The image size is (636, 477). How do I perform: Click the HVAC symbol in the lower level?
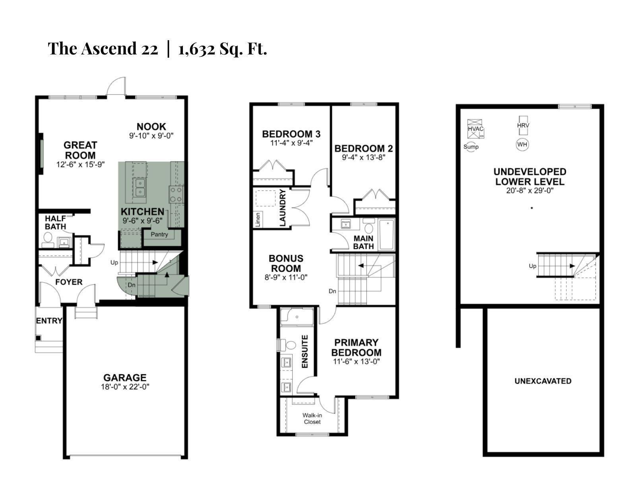tap(475, 128)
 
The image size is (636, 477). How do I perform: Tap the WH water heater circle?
tap(522, 144)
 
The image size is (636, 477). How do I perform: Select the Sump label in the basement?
tap(471, 147)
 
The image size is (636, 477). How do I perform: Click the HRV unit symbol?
tap(523, 125)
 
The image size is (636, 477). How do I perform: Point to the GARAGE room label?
tap(125, 378)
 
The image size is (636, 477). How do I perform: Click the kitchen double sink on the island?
tap(140, 187)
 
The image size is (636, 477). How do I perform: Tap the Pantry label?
tap(159, 234)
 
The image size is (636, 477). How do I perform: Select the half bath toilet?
tap(48, 238)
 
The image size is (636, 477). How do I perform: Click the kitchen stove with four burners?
tap(176, 195)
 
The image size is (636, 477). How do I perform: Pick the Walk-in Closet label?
tap(312, 419)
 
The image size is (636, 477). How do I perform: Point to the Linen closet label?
tap(258, 219)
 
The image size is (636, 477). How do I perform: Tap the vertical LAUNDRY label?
tap(283, 207)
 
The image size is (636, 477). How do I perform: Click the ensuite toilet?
tap(291, 345)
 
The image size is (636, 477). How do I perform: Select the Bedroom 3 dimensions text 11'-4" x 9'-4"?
tap(291, 143)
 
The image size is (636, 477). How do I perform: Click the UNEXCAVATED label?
tap(543, 381)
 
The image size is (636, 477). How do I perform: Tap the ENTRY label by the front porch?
tap(49, 320)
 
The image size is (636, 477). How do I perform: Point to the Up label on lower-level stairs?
tap(533, 266)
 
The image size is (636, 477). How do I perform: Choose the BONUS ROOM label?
tap(286, 263)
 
